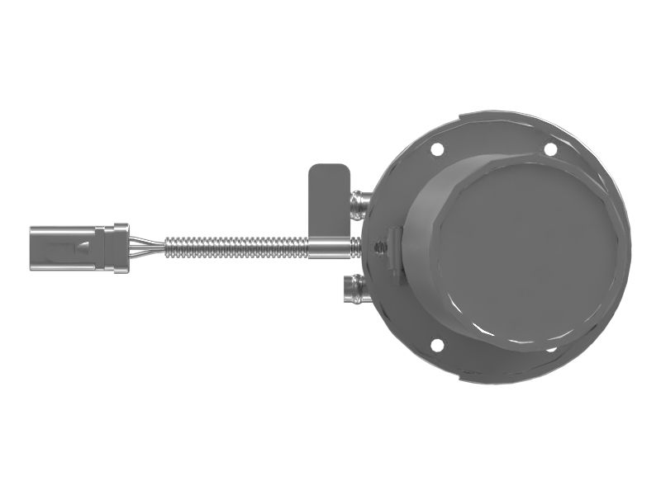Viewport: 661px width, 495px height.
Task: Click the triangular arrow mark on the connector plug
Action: [x=85, y=246]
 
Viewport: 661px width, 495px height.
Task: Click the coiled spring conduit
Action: [x=235, y=247]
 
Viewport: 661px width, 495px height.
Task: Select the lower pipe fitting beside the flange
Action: [x=353, y=288]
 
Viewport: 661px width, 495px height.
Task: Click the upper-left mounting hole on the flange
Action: [x=438, y=150]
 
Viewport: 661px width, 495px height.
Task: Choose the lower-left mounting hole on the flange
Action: [x=438, y=344]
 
